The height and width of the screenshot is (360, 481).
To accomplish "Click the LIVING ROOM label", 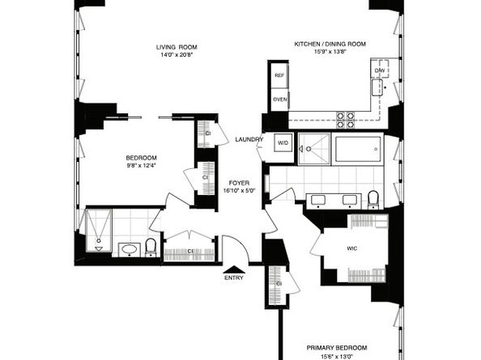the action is tap(177, 47).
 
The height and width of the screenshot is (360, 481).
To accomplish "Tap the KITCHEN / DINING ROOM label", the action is tap(330, 44).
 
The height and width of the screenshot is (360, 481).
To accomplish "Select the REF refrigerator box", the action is tap(279, 75).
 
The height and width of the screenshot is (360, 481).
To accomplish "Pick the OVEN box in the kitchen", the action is tap(279, 100).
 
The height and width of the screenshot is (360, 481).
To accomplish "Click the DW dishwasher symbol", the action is tap(380, 70).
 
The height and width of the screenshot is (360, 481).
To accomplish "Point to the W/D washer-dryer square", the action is tap(283, 142).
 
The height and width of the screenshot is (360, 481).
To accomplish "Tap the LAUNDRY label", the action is tap(249, 140).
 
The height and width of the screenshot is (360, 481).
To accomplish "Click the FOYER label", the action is tap(239, 183).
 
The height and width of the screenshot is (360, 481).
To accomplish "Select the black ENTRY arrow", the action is tap(234, 269).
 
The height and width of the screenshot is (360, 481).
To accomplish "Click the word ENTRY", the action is tap(234, 278).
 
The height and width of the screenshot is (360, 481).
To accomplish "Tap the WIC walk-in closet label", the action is tap(352, 248).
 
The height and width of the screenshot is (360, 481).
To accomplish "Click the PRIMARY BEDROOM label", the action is tap(337, 348).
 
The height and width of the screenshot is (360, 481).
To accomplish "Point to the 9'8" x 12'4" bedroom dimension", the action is tap(142, 166).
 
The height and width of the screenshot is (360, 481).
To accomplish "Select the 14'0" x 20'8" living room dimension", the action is tap(177, 55).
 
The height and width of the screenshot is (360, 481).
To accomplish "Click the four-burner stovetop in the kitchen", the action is tap(346, 120).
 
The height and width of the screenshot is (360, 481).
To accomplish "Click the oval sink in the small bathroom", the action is tap(130, 249).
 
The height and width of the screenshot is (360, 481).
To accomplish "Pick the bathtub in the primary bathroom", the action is tap(358, 149).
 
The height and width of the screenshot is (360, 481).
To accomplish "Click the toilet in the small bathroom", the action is tap(151, 247).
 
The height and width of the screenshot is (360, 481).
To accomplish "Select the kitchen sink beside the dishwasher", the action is tap(377, 87).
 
